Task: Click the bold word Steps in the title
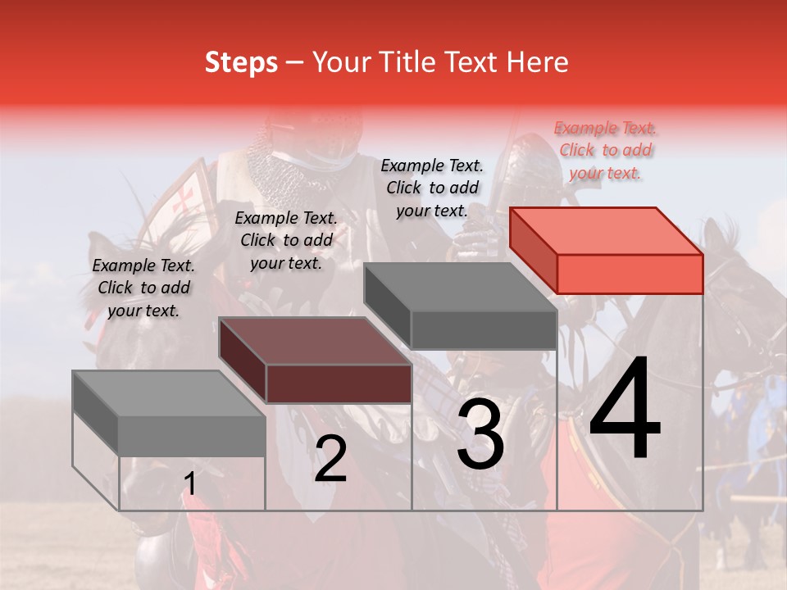240,62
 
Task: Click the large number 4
625,410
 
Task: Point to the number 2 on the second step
330,459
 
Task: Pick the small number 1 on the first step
190,484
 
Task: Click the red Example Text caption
605,150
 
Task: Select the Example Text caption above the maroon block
285,240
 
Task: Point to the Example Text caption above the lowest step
143,288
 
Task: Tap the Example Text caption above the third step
432,188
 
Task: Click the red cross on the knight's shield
187,197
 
